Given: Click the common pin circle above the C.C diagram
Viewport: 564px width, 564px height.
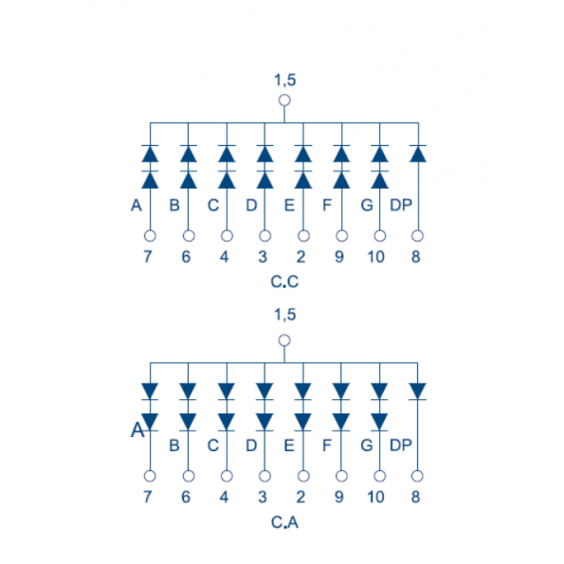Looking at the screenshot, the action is (284, 100).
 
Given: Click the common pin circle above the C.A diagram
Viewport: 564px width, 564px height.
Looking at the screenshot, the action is (284, 340).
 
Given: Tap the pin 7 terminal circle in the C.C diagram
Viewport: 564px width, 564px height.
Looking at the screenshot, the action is (150, 236).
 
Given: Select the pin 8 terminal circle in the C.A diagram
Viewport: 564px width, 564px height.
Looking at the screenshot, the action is (417, 476).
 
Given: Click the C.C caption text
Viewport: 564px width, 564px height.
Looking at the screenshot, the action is (284, 282).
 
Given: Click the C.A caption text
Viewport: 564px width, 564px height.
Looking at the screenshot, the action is (284, 522).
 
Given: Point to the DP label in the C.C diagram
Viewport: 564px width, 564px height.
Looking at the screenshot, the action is (401, 205).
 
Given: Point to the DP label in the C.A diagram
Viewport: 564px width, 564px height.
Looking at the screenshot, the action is (401, 446).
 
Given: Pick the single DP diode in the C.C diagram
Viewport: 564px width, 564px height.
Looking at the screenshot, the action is (418, 154).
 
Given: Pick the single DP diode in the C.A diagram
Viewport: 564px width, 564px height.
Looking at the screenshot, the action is (418, 391).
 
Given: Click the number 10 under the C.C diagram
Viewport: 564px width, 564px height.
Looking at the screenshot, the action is (376, 257).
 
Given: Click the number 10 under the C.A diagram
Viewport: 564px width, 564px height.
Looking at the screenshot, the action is (376, 497).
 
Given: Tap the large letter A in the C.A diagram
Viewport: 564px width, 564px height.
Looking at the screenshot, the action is (137, 429).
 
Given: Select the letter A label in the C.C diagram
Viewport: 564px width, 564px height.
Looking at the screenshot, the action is (136, 206).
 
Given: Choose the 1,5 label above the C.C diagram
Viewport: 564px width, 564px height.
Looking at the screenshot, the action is (285, 80).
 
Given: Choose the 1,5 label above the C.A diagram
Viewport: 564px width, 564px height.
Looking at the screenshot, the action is (285, 315).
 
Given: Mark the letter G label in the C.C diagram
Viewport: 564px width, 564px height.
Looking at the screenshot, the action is (367, 206).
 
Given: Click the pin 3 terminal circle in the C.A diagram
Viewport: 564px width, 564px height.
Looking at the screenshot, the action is (264, 476).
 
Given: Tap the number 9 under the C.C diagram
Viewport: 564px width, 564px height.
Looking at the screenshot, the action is (339, 257).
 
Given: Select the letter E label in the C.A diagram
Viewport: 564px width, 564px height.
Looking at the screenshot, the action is (289, 446).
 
